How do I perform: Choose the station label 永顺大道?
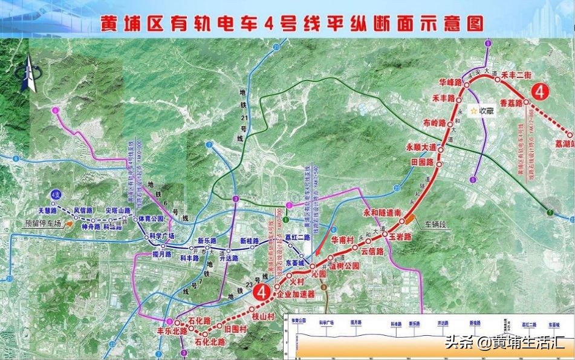click(420, 147)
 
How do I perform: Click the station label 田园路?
click(423, 162)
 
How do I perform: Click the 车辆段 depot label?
click(432, 224)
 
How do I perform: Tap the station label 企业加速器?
click(296, 294)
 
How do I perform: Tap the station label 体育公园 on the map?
click(151, 218)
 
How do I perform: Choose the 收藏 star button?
click(482, 111)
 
